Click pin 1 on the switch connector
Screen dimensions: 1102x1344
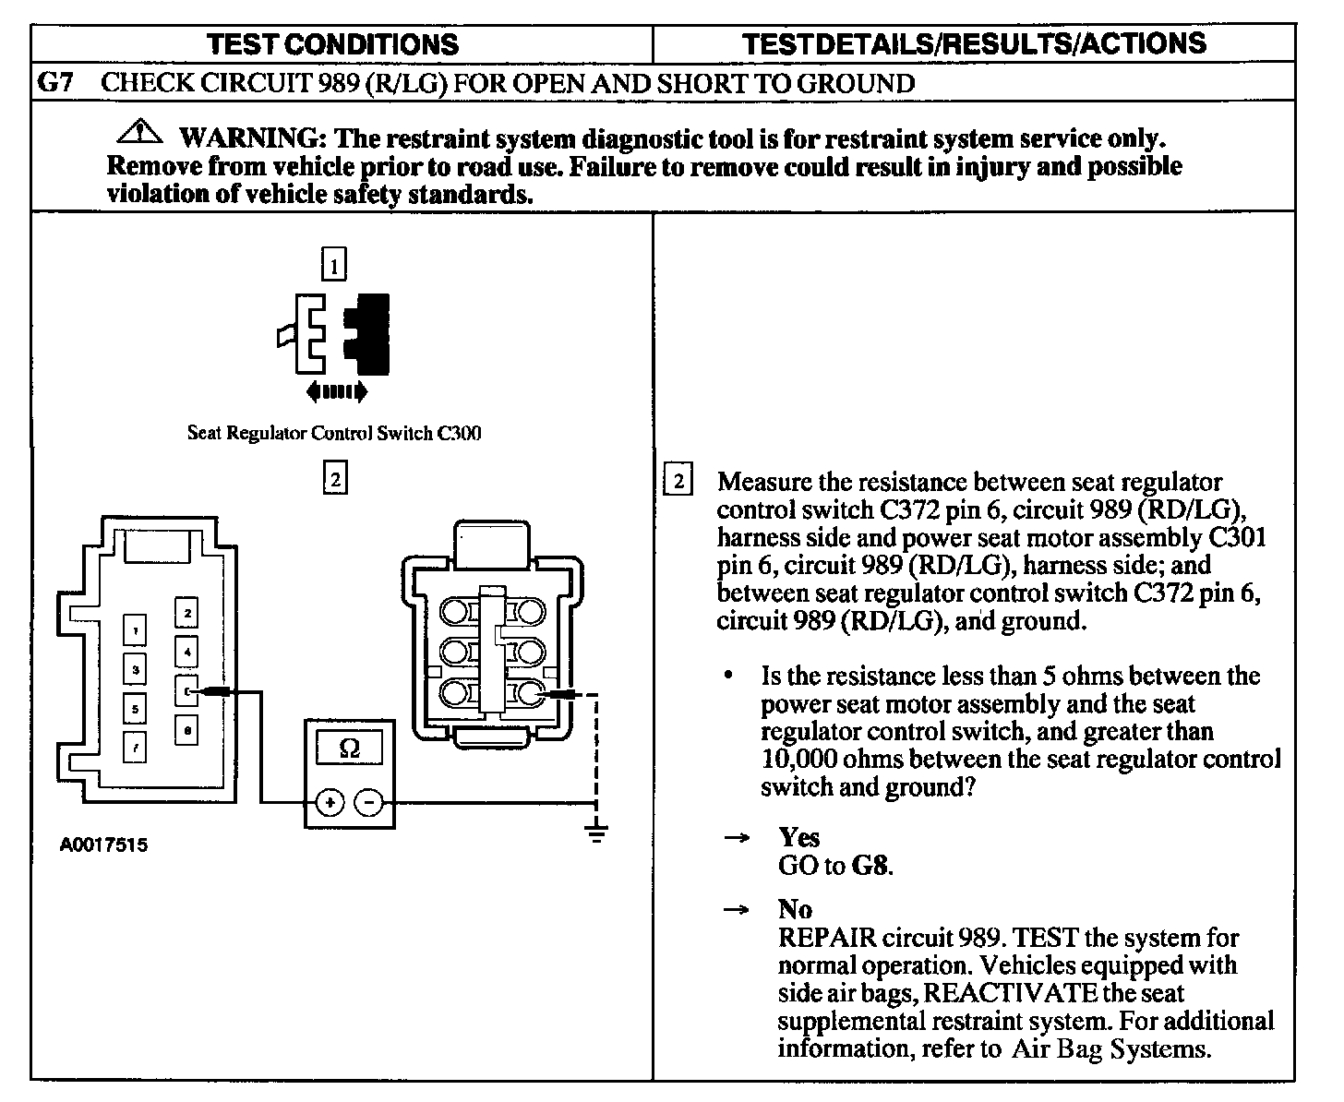point(136,631)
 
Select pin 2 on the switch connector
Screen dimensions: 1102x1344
point(186,613)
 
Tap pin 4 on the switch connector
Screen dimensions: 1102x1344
point(186,652)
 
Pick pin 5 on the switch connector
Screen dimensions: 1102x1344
point(136,709)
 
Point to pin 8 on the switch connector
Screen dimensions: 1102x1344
point(186,730)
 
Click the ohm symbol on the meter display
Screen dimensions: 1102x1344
point(350,749)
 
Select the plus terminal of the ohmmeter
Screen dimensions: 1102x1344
point(329,803)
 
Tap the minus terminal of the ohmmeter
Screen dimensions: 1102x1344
point(369,803)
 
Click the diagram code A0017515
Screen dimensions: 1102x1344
point(103,844)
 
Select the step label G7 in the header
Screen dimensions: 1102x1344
point(55,83)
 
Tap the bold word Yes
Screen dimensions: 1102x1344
point(798,837)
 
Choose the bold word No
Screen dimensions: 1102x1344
point(795,909)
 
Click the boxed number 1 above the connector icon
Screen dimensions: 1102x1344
point(334,266)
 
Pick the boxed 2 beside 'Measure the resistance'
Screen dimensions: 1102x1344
point(678,481)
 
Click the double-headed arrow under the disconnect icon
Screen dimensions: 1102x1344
point(336,392)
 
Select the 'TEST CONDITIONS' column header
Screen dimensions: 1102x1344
point(332,44)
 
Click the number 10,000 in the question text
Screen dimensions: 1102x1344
point(799,759)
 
